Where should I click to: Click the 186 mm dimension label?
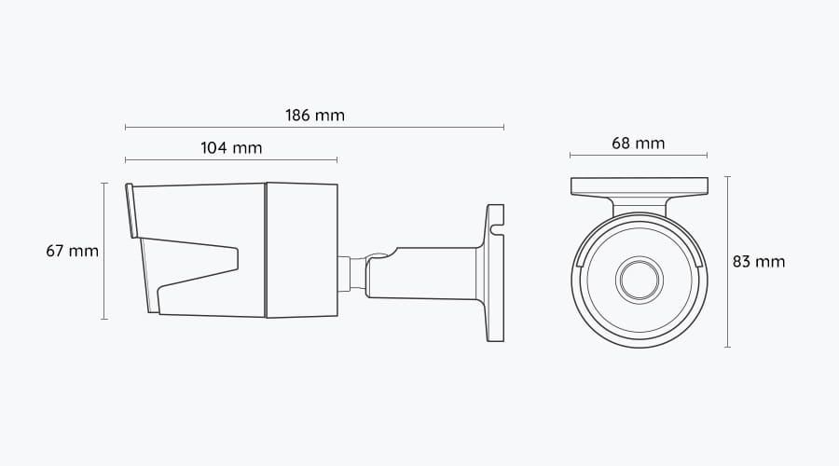[315, 116]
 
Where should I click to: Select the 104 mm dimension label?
[231, 147]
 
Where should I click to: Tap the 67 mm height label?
[72, 252]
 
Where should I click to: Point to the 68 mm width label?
[639, 144]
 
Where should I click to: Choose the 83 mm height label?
[758, 262]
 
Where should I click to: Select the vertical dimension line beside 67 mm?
[104, 252]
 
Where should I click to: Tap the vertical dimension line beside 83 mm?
[727, 262]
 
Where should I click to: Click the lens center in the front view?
[639, 278]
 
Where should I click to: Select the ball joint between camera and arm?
[356, 272]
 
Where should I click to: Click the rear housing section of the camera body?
[302, 250]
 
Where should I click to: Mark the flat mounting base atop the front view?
[639, 185]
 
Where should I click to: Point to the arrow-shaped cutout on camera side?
[200, 266]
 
